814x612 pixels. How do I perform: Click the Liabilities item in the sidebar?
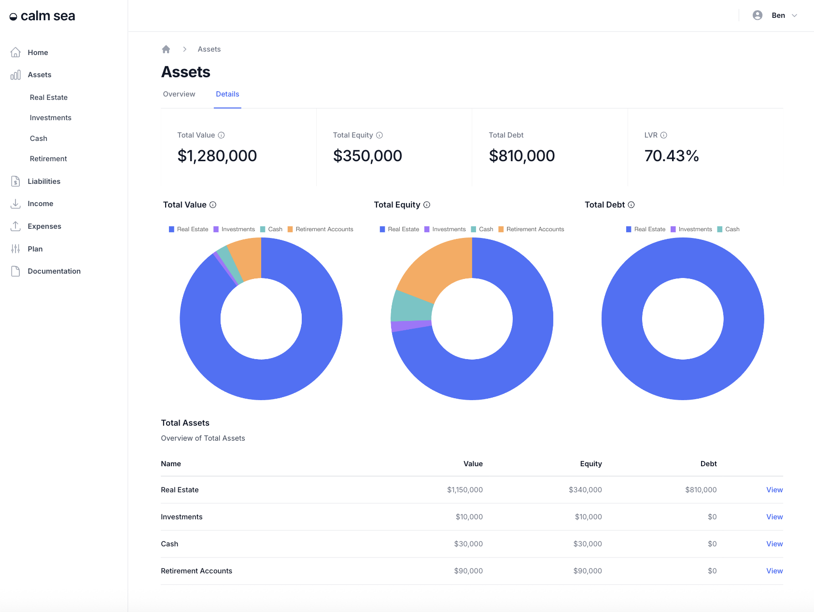point(43,181)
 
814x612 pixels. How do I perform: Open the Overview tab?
point(179,94)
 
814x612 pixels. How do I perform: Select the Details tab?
point(227,94)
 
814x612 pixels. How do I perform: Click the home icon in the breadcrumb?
point(166,49)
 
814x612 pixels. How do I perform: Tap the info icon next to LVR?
point(664,135)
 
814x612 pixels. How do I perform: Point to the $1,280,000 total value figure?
point(217,156)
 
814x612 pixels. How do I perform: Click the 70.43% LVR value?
point(672,156)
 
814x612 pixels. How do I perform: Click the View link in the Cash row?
point(774,544)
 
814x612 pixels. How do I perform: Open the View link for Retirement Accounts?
point(774,571)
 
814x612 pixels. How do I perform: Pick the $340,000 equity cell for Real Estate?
point(585,490)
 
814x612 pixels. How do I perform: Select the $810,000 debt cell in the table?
point(701,490)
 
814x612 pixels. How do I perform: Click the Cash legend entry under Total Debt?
point(729,229)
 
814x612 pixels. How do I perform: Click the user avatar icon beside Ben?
point(758,15)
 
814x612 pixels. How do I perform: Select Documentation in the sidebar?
point(54,271)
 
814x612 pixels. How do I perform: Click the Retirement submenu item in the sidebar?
point(48,159)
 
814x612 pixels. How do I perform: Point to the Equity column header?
point(590,464)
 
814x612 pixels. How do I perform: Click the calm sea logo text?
point(48,16)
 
